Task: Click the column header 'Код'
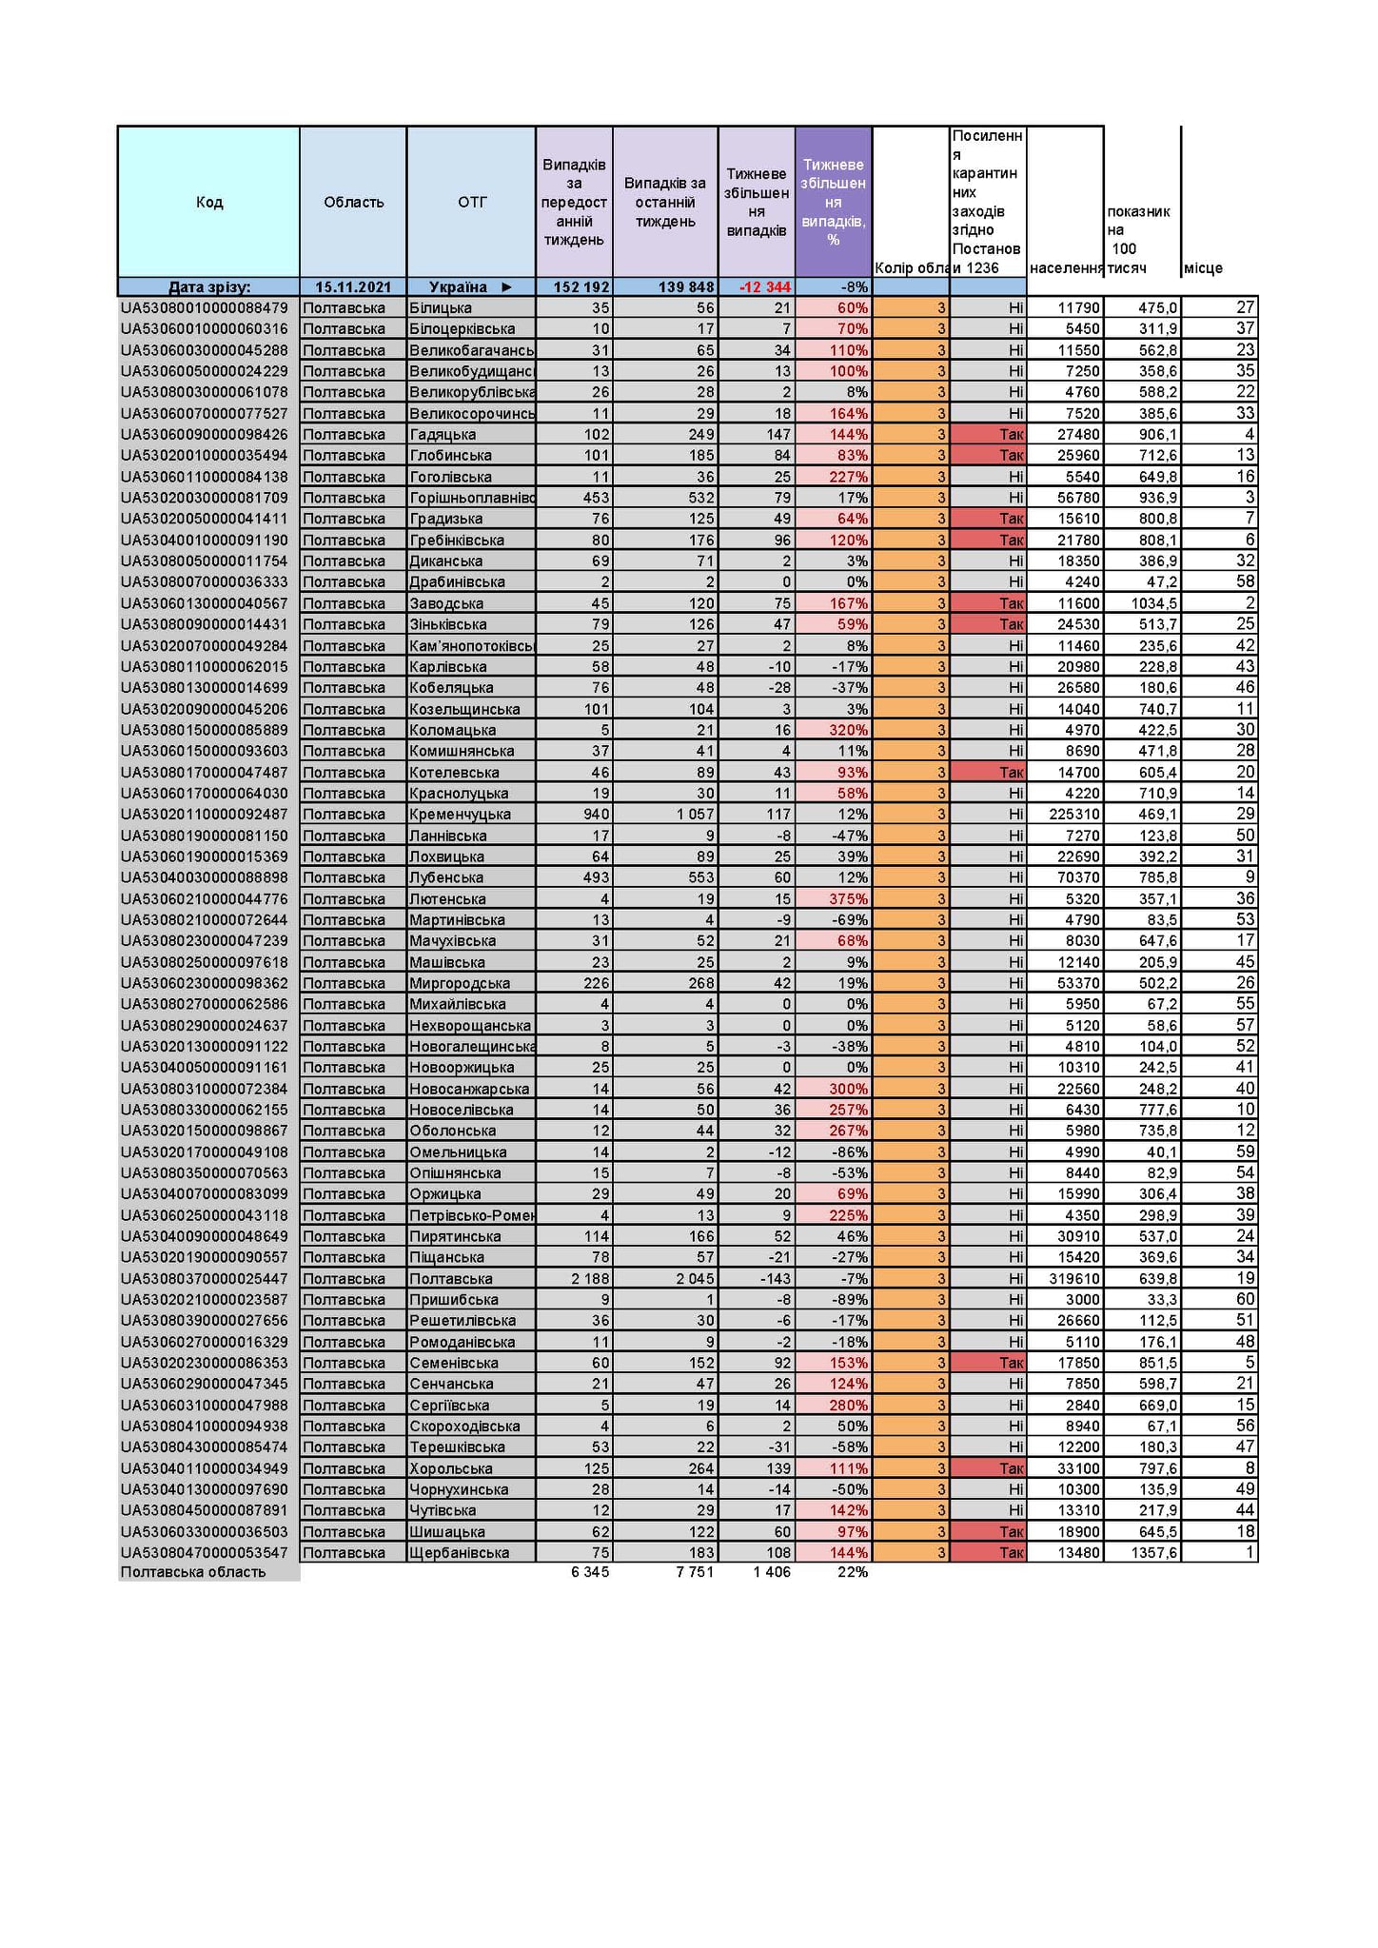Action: point(208,202)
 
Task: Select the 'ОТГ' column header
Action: point(471,202)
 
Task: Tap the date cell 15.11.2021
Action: point(353,287)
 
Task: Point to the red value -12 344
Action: point(764,287)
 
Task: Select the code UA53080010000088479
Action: point(204,308)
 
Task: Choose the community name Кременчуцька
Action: point(460,815)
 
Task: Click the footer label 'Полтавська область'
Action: point(193,1572)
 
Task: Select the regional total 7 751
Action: point(694,1572)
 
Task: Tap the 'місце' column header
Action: point(1203,268)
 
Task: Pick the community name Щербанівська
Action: point(459,1553)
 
